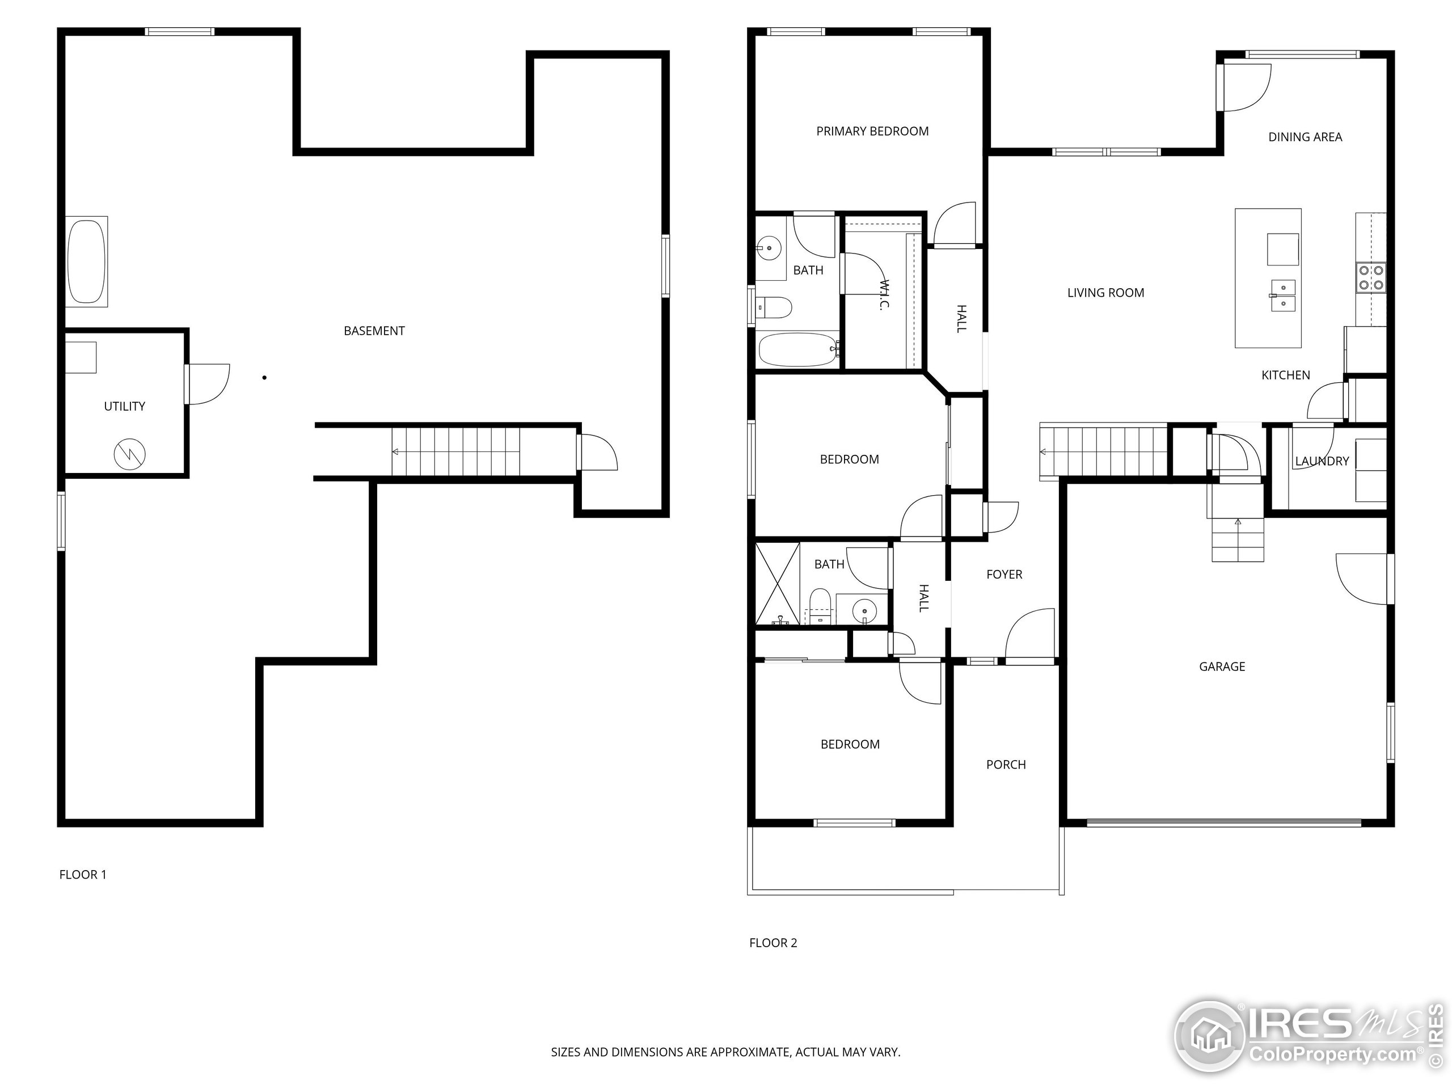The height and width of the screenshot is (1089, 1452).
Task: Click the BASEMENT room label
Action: pyautogui.click(x=374, y=331)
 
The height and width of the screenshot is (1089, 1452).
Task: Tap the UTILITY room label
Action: pyautogui.click(x=124, y=406)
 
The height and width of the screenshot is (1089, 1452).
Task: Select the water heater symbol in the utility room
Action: pyautogui.click(x=129, y=454)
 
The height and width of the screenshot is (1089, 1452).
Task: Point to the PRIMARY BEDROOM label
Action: pyautogui.click(x=872, y=131)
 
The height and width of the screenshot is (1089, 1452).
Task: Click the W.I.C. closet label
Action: pyautogui.click(x=884, y=296)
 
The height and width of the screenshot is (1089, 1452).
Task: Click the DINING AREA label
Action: pyautogui.click(x=1305, y=137)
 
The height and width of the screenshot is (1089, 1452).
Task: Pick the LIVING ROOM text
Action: pyautogui.click(x=1105, y=293)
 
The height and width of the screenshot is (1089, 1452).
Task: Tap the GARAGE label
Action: pyautogui.click(x=1222, y=667)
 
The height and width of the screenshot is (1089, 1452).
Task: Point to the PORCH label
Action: pyautogui.click(x=1006, y=765)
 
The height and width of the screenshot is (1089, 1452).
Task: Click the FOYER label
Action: pyautogui.click(x=1004, y=575)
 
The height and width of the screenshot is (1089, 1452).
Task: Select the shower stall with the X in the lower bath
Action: pyautogui.click(x=777, y=584)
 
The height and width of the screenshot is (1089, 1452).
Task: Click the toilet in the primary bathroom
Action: pyautogui.click(x=775, y=307)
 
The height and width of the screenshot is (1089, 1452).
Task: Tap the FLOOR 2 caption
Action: pyautogui.click(x=773, y=943)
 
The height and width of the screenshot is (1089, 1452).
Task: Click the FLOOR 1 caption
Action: pyautogui.click(x=83, y=875)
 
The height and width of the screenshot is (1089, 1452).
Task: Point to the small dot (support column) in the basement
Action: pyautogui.click(x=264, y=377)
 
